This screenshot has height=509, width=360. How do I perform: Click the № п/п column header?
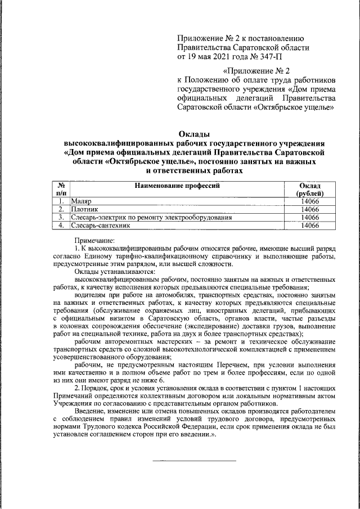pyautogui.click(x=60, y=190)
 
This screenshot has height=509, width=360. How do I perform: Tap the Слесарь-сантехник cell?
pyautogui.click(x=101, y=226)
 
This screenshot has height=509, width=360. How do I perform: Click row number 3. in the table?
pyautogui.click(x=60, y=218)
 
